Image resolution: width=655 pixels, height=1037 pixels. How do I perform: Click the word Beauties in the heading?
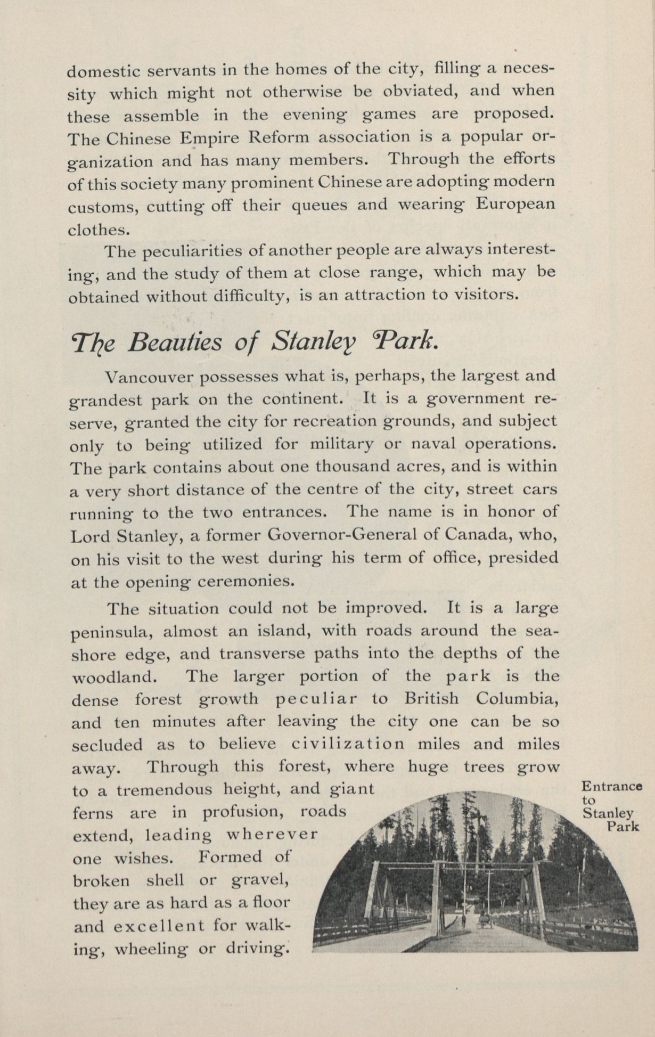[x=175, y=342]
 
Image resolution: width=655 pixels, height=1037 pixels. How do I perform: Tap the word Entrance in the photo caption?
[x=611, y=786]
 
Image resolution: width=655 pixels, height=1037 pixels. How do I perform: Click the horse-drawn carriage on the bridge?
[x=484, y=919]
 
